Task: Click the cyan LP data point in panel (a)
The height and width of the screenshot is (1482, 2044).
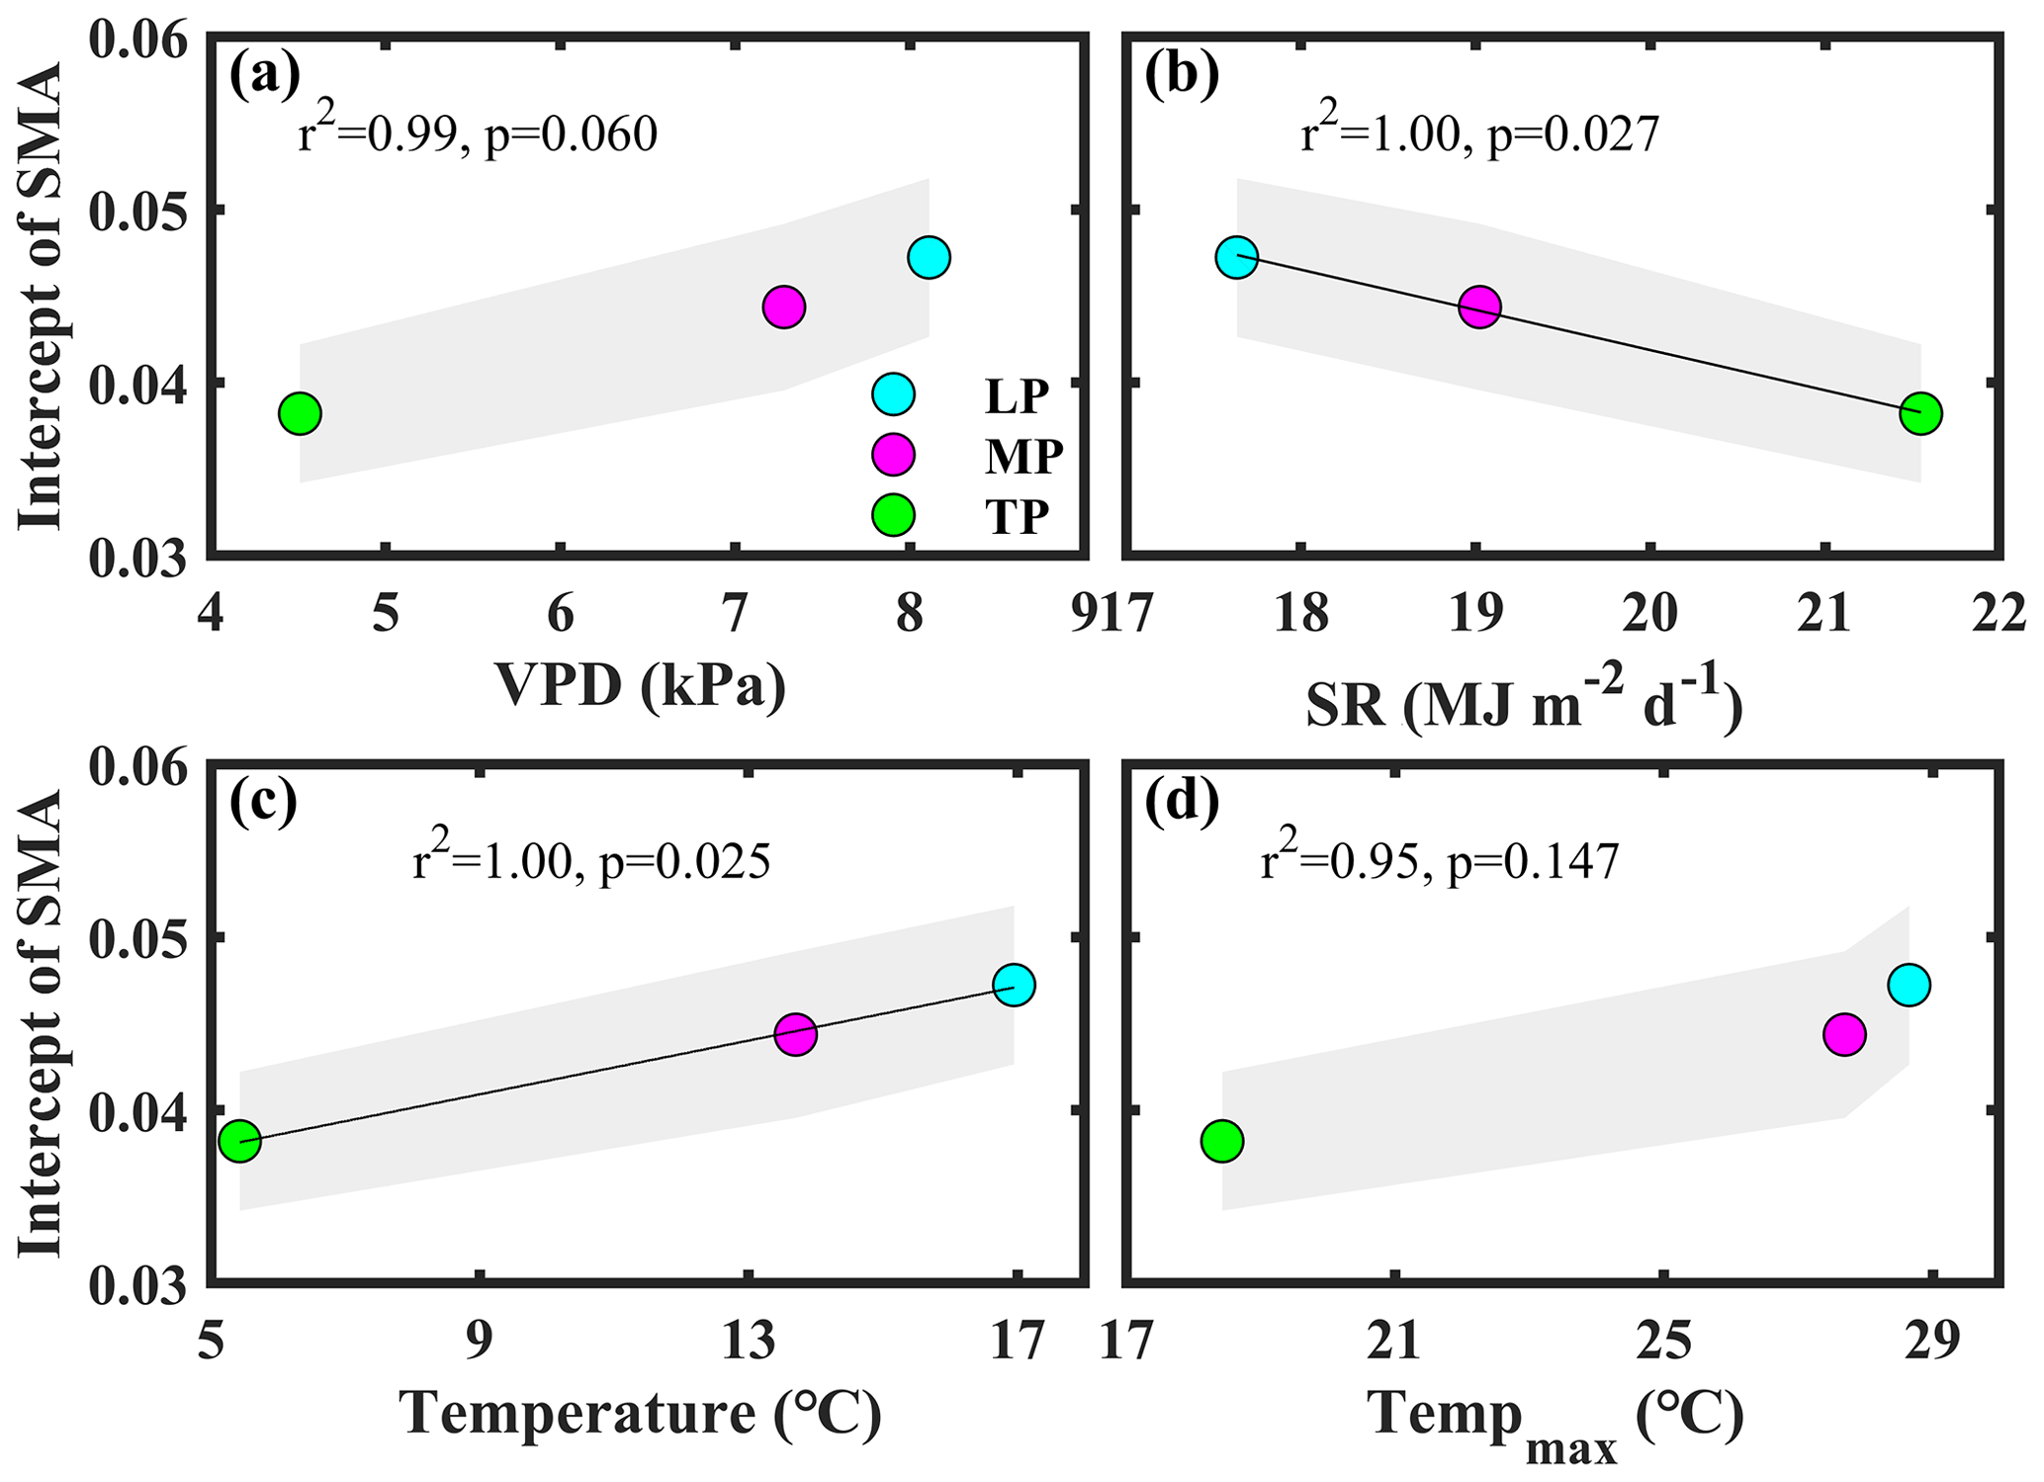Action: tap(929, 258)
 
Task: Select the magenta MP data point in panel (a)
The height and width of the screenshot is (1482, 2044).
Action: tap(784, 307)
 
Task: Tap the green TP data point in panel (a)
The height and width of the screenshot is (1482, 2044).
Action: tap(300, 413)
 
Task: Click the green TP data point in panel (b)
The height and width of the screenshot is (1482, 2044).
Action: tap(1920, 413)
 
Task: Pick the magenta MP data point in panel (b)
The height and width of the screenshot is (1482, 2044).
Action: tap(1479, 307)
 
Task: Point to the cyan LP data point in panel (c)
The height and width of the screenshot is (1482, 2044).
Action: tap(1014, 985)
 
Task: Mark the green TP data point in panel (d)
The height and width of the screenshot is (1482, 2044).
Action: tap(1222, 1141)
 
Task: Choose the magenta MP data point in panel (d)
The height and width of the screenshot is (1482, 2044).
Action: tap(1844, 1034)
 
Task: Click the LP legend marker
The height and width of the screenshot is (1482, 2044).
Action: tap(894, 394)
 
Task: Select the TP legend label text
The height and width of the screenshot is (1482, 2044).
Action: tap(1017, 516)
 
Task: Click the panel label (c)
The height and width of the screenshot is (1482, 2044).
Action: tap(264, 803)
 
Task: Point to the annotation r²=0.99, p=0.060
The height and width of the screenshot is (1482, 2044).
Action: tap(478, 132)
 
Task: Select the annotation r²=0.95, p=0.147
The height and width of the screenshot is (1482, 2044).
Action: tap(1440, 860)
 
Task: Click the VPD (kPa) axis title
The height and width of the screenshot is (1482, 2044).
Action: tap(641, 684)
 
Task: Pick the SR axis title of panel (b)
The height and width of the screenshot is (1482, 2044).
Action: tap(1524, 706)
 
